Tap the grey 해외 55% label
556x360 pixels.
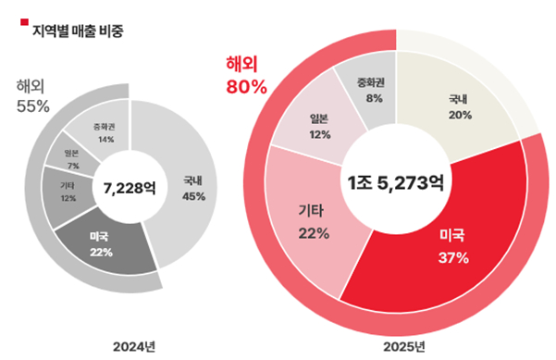coord(32,96)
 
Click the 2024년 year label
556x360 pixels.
coord(132,346)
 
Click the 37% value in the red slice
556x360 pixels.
coord(453,257)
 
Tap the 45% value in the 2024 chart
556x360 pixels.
coord(194,195)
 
